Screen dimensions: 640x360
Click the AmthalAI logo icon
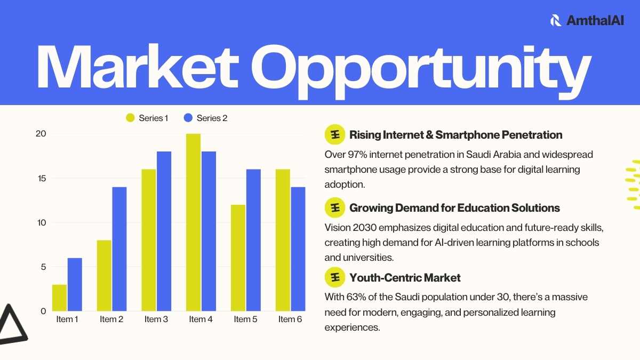[x=556, y=20]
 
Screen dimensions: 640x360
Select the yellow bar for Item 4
[x=194, y=222]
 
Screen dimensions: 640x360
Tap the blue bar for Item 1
[x=75, y=285]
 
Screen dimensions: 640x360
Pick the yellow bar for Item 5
[x=238, y=258]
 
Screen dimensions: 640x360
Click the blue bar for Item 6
[x=298, y=249]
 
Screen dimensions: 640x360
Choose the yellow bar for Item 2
[x=104, y=275]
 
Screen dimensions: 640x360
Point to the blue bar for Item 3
[x=164, y=231]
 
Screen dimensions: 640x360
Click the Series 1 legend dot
[x=130, y=118]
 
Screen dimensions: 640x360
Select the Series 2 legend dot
[x=188, y=118]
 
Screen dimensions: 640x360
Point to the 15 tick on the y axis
[x=42, y=179]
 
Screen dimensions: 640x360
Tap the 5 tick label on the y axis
[x=43, y=267]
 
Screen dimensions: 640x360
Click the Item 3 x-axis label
[x=156, y=319]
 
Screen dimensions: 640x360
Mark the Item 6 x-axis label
[x=290, y=319]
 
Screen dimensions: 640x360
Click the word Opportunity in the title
[x=421, y=72]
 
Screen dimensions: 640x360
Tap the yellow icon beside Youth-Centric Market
[x=335, y=277]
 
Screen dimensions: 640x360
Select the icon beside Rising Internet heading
[x=335, y=134]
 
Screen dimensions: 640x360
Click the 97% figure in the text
[x=357, y=155]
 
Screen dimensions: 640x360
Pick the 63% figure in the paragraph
[x=356, y=297]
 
